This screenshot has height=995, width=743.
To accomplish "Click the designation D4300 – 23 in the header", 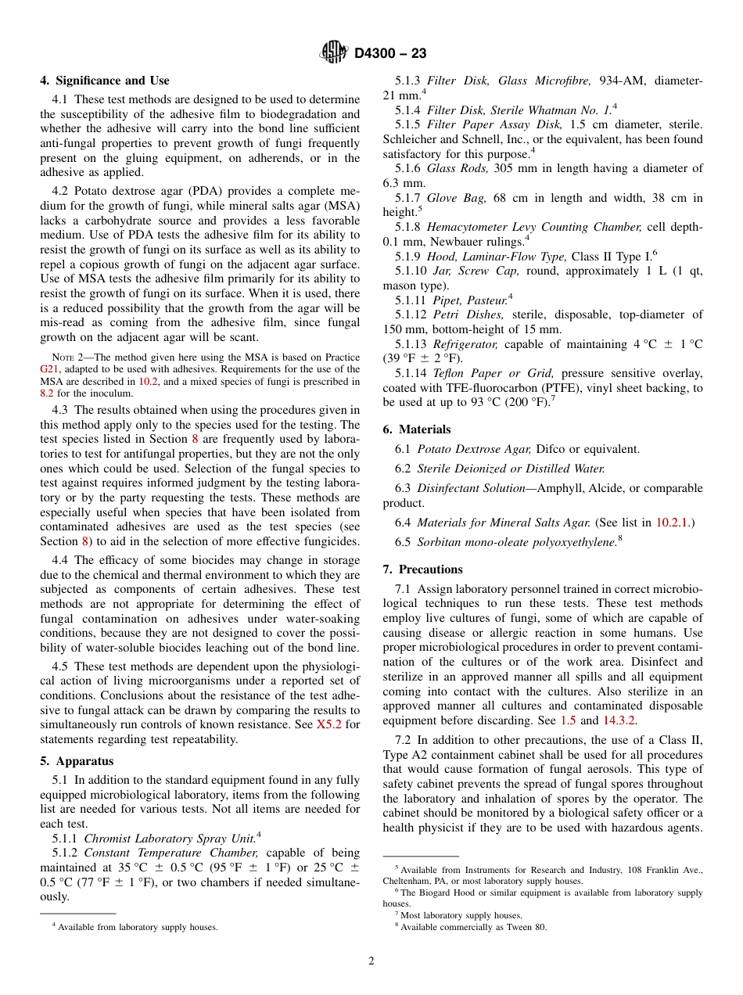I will (390, 54).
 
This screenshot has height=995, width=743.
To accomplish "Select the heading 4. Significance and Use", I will (105, 81).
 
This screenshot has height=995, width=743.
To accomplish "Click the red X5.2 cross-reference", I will (327, 724).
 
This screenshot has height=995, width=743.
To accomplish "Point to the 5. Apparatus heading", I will (77, 761).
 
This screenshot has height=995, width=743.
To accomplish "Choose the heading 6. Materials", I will (417, 429).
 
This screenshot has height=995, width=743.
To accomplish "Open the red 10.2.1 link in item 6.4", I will (673, 522).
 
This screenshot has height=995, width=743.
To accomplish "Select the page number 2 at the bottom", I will (371, 961).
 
